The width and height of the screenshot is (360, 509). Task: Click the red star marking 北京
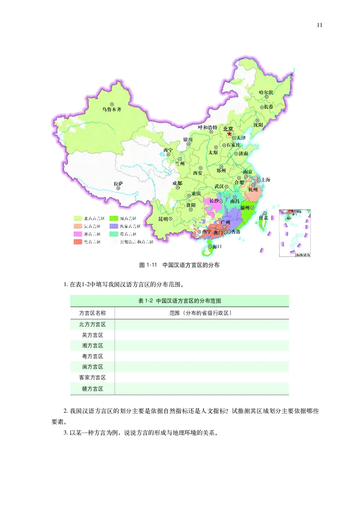pyautogui.click(x=229, y=134)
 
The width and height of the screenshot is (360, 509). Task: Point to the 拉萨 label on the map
pyautogui.click(x=118, y=183)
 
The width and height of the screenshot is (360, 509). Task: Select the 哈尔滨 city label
pyautogui.click(x=266, y=92)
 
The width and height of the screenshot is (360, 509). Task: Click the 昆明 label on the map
pyautogui.click(x=162, y=219)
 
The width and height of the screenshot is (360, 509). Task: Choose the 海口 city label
pyautogui.click(x=217, y=247)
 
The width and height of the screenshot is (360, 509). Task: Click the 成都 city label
pyautogui.click(x=177, y=183)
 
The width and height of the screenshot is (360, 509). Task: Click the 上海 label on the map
pyautogui.click(x=265, y=180)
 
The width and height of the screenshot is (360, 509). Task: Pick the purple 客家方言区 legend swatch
pyautogui.click(x=114, y=226)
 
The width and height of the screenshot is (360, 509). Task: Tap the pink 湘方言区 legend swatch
pyautogui.click(x=79, y=234)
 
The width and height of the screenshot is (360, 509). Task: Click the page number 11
pyautogui.click(x=319, y=25)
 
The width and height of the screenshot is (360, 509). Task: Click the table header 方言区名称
pyautogui.click(x=92, y=313)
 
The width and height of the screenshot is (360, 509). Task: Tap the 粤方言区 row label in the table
pyautogui.click(x=92, y=356)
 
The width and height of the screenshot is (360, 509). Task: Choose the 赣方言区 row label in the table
pyautogui.click(x=92, y=388)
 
